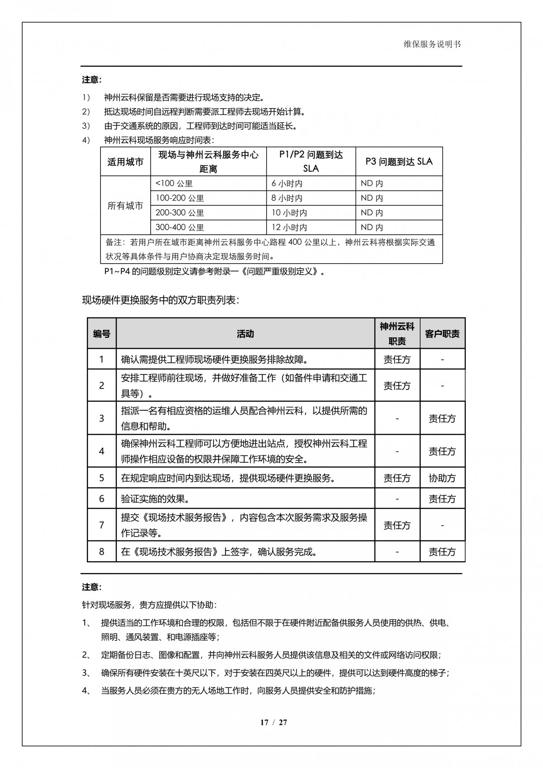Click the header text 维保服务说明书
click(432, 44)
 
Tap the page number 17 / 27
click(273, 722)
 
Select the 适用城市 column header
click(125, 162)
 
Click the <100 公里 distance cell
click(174, 183)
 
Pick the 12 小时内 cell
click(289, 227)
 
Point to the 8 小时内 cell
click(287, 198)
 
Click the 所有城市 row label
click(125, 206)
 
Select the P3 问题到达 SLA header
click(399, 161)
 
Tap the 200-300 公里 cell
click(180, 213)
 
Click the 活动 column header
click(245, 334)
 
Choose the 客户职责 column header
click(442, 334)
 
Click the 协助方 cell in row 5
click(442, 478)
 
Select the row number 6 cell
click(101, 499)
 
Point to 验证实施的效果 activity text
click(155, 499)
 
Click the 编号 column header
click(101, 334)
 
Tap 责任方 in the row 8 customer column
click(442, 552)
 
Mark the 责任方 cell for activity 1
click(397, 360)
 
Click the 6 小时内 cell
click(287, 183)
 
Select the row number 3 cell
click(101, 418)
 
